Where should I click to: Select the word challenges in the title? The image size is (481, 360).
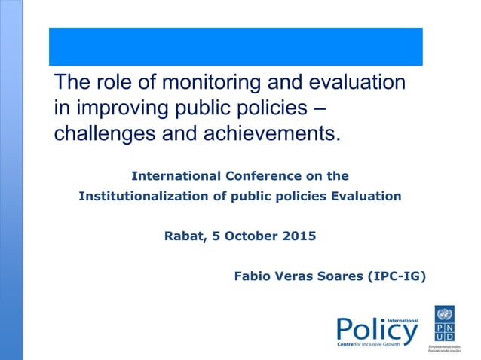coord(103,133)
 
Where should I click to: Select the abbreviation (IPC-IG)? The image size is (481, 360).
coord(397,276)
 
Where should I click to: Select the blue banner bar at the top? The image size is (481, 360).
coord(235,47)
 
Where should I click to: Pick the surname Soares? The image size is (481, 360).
coord(339,276)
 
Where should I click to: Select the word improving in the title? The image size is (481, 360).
coord(124,108)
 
